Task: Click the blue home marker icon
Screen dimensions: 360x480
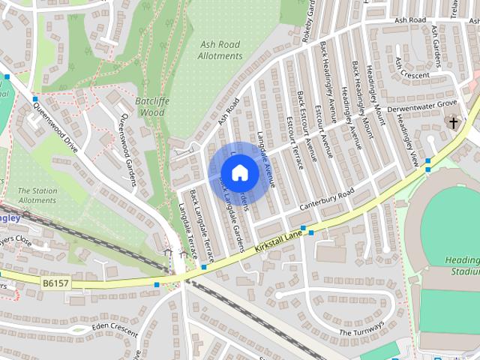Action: pyautogui.click(x=239, y=173)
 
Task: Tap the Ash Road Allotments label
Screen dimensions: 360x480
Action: pyautogui.click(x=220, y=49)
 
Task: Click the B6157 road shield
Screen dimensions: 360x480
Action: pyautogui.click(x=56, y=283)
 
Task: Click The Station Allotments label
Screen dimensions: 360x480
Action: pyautogui.click(x=37, y=196)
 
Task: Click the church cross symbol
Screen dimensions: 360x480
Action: pyautogui.click(x=452, y=121)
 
